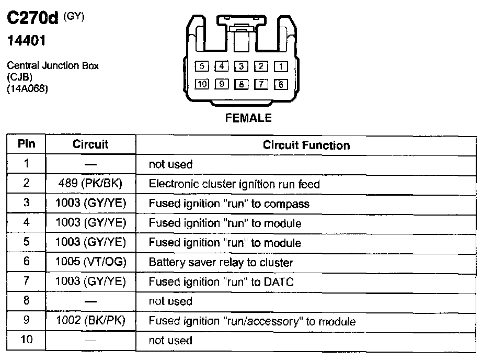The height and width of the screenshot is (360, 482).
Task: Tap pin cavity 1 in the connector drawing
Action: pos(281,66)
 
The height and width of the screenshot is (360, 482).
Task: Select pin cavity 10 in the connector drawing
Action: pos(202,84)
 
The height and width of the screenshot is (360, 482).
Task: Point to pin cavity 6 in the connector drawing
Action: pos(281,84)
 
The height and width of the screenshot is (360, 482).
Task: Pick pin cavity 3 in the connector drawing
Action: pos(241,66)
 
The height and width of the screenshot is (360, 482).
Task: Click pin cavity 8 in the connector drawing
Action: pos(241,84)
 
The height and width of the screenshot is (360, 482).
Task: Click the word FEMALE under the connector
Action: pos(248,118)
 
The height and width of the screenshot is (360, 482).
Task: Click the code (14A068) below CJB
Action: pos(27,89)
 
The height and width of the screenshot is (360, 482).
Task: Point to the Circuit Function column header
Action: pos(306,145)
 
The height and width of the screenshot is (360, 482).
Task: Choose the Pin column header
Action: pos(26,144)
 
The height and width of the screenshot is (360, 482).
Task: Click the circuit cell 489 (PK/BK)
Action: pos(90,184)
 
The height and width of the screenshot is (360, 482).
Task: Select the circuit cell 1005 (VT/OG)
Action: pos(90,262)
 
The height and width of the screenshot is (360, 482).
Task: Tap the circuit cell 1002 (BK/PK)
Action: pos(90,321)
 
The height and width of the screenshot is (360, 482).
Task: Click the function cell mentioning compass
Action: pos(229,204)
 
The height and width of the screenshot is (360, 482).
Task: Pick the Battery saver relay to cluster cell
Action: pos(221,262)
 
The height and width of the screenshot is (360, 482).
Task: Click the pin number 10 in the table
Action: pos(26,340)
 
